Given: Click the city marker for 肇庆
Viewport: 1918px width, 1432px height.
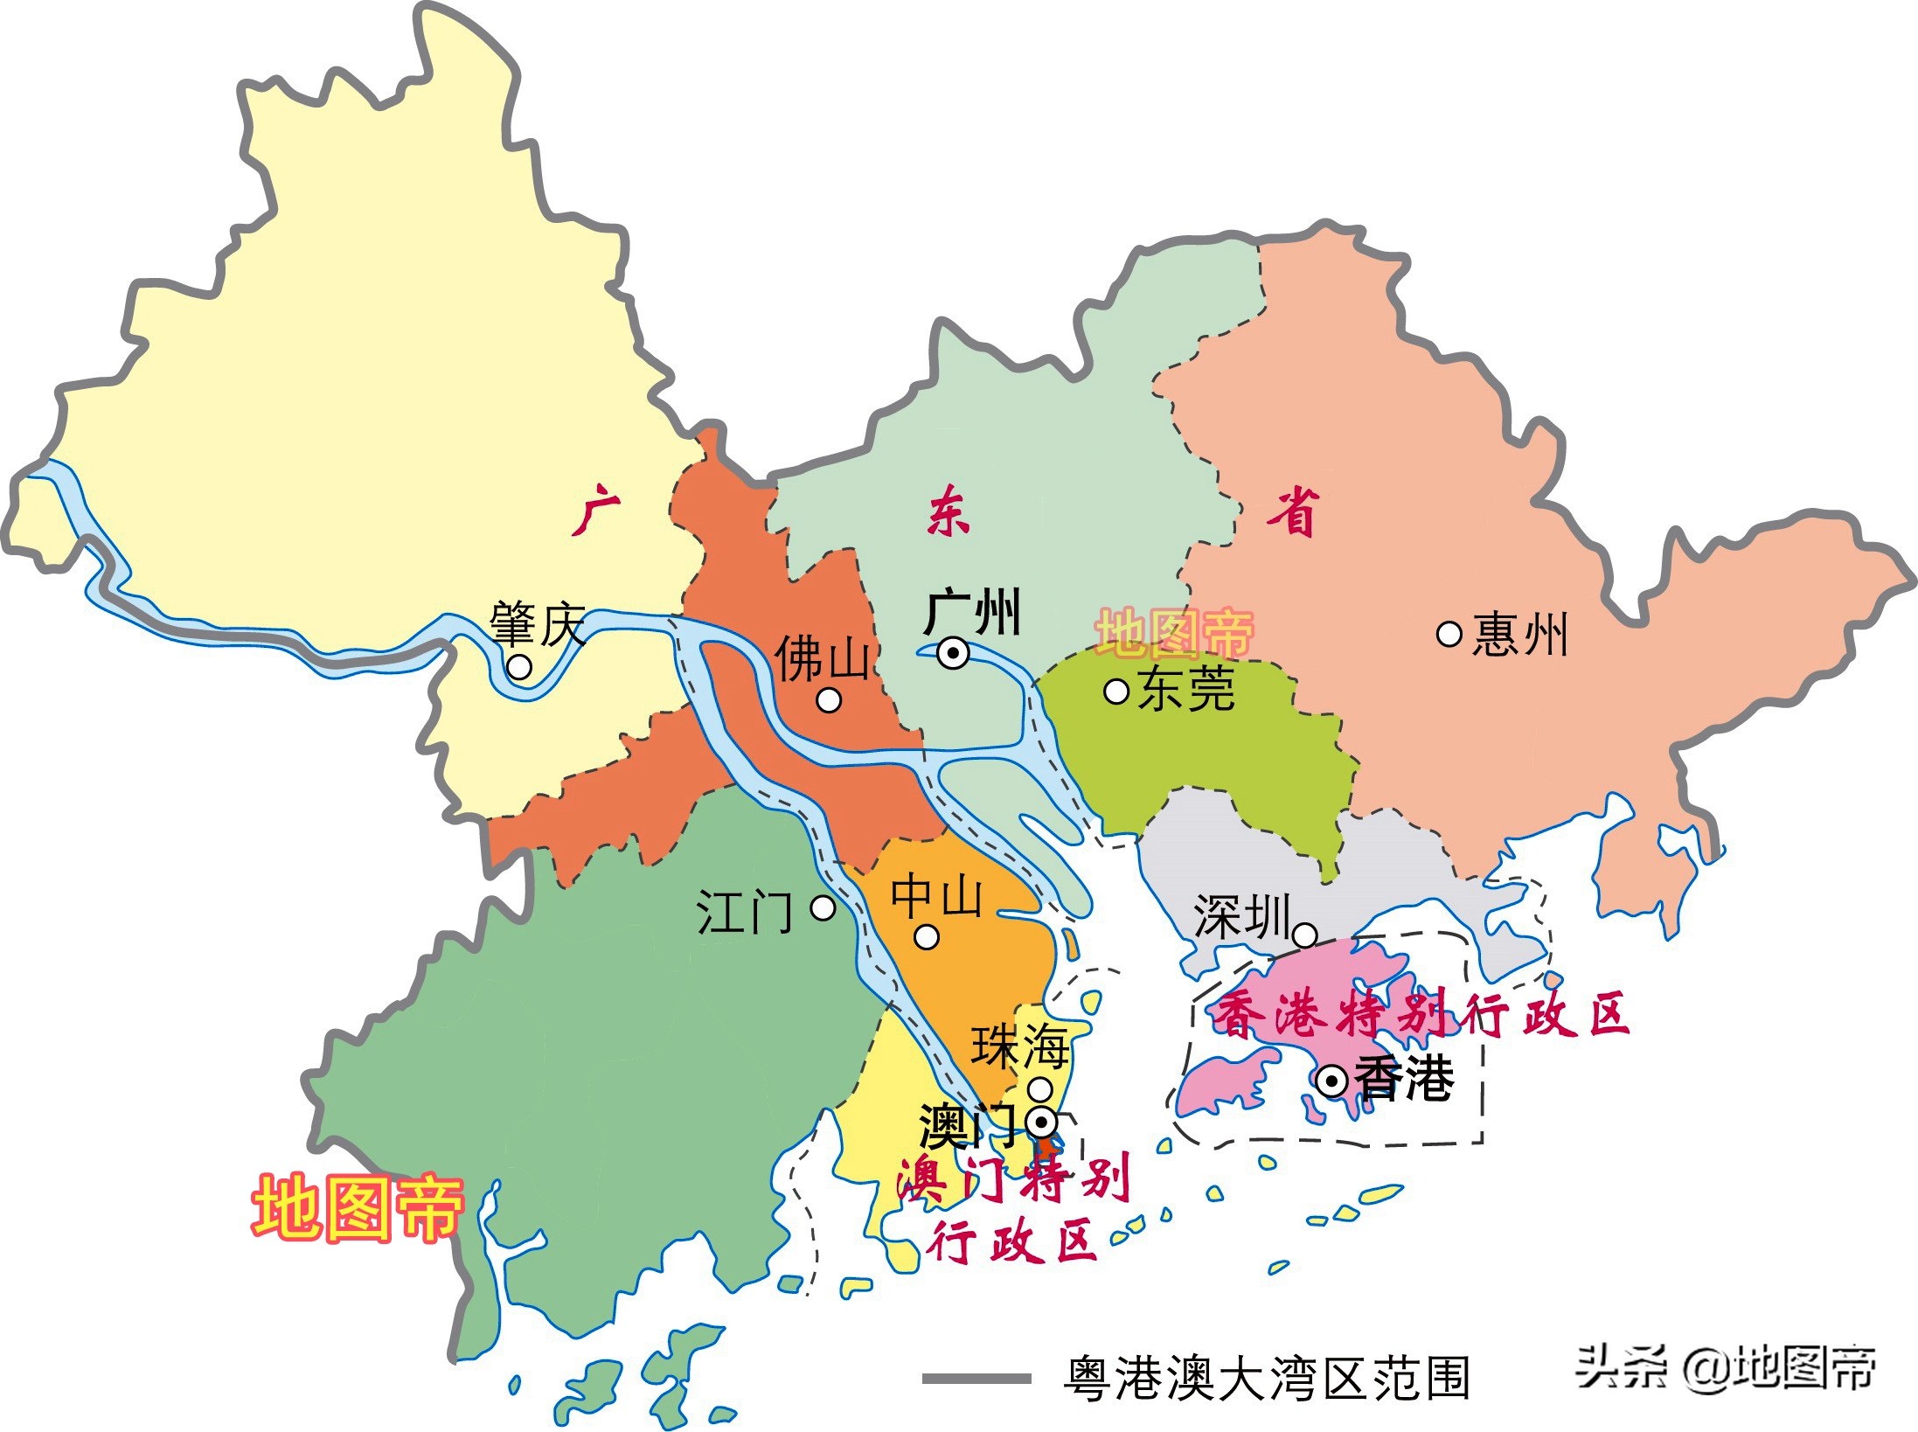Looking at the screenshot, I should point(519,667).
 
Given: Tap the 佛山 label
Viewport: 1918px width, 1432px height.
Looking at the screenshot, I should point(822,657).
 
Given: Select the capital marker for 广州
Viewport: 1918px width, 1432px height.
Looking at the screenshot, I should point(953,653).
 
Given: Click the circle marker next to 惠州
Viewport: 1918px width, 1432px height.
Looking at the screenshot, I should point(1449,634).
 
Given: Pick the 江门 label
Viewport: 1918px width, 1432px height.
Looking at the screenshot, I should point(744,912).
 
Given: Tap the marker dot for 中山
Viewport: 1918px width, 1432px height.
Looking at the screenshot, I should point(927,937).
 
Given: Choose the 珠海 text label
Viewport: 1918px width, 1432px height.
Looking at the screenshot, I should point(1020,1046).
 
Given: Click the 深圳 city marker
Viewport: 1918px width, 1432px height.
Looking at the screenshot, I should point(1304,935).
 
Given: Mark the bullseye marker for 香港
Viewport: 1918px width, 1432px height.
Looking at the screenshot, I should point(1331,1082).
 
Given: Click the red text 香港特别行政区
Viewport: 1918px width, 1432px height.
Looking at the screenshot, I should point(1421,1015).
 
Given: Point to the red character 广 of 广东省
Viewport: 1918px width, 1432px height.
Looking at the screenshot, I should point(596,513).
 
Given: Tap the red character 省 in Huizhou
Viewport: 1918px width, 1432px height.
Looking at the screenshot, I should point(1292,512).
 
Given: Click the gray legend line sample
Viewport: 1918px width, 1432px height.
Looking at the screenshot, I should point(976,1379).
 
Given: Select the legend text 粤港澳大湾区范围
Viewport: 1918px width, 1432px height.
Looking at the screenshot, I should point(1267,1380).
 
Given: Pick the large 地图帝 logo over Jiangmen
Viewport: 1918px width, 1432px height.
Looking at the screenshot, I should point(358,1209).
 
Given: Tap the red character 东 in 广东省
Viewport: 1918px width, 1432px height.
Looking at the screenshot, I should point(948,513).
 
